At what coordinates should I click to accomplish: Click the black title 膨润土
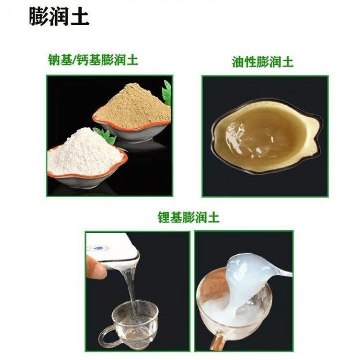(x=59, y=17)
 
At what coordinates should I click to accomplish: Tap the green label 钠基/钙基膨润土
(x=93, y=60)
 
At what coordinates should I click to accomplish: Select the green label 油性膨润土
(x=263, y=62)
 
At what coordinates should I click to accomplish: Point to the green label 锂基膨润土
(x=189, y=217)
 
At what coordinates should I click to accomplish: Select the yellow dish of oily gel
(x=266, y=138)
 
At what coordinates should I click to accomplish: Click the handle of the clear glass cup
(x=108, y=338)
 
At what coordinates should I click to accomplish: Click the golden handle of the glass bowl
(x=217, y=341)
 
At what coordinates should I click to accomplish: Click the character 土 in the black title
(x=80, y=17)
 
